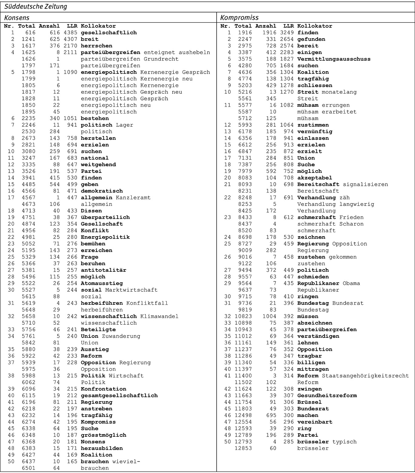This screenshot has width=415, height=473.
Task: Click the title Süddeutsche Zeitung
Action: pyautogui.click(x=36, y=7)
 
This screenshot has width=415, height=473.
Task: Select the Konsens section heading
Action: pyautogui.click(x=17, y=18)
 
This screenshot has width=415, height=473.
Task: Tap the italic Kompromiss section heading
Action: pyautogui.click(x=239, y=18)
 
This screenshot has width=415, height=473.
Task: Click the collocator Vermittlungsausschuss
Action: pyautogui.click(x=334, y=59)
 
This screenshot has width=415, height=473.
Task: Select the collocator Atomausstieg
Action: pyautogui.click(x=102, y=283)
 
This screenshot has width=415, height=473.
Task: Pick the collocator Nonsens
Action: pyautogui.click(x=93, y=442)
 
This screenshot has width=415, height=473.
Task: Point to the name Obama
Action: pyautogui.click(x=351, y=283)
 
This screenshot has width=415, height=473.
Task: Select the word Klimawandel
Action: pyautogui.click(x=159, y=317)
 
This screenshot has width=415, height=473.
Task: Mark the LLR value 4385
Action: pyautogui.click(x=71, y=33)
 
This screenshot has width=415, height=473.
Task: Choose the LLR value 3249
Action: pyautogui.click(x=287, y=33)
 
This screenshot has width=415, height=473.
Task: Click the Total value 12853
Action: pyautogui.click(x=243, y=448)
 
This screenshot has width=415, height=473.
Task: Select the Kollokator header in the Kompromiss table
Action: pyautogui.click(x=315, y=26)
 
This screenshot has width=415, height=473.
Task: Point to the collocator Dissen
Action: pyautogui.click(x=91, y=211)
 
